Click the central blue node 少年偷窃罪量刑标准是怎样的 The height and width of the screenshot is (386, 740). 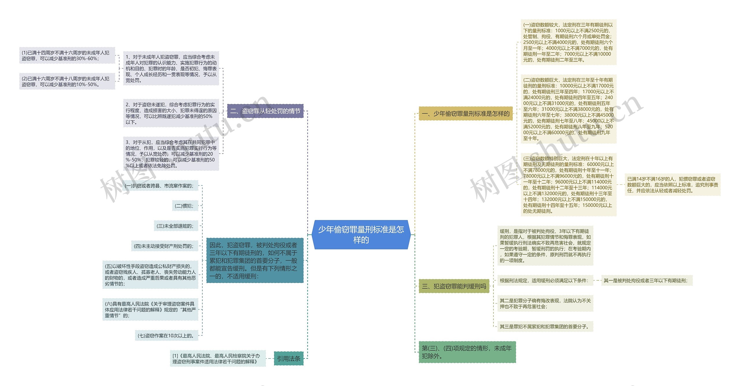(361, 234)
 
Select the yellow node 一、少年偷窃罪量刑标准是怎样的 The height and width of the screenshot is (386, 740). (465, 113)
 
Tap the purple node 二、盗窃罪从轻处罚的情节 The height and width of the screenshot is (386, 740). (265, 111)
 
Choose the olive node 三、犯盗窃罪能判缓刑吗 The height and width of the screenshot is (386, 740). (454, 286)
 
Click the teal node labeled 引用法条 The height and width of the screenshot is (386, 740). (288, 359)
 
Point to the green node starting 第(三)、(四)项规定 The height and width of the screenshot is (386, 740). (467, 352)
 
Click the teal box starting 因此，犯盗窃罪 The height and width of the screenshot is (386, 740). (255, 260)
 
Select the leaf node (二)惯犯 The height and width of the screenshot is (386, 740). (185, 206)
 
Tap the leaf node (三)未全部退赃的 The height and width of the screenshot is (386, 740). (176, 226)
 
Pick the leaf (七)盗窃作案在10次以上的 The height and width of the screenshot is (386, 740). (166, 335)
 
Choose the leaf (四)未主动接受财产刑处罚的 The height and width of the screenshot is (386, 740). (164, 246)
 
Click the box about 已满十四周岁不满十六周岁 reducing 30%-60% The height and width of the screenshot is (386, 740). (67, 55)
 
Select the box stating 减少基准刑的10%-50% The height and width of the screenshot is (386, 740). (67, 81)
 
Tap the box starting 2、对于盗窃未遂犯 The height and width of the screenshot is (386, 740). (171, 113)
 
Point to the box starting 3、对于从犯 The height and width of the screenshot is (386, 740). (171, 154)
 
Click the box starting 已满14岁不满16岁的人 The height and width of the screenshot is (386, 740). (672, 185)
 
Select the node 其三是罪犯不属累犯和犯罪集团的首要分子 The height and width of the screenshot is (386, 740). (545, 327)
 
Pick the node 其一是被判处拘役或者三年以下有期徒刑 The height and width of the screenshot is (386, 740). (647, 280)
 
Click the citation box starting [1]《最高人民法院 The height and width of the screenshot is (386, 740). (218, 359)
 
